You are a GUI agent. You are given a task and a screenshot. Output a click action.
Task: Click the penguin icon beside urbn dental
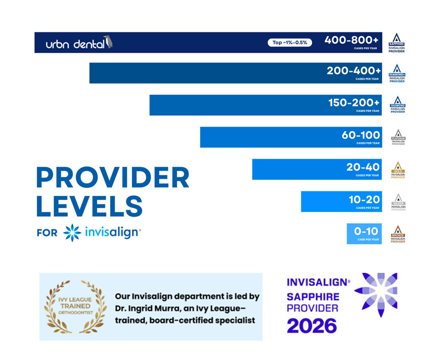[107, 42]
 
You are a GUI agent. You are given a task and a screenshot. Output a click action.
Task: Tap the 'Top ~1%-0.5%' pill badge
[290, 43]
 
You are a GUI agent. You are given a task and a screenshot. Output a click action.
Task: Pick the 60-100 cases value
[361, 135]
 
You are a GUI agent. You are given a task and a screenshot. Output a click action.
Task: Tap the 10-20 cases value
[364, 199]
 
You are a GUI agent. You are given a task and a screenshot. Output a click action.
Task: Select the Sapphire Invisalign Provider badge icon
[397, 43]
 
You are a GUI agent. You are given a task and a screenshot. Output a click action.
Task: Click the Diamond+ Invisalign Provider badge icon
[397, 73]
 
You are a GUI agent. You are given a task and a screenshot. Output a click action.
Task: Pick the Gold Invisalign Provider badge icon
[397, 170]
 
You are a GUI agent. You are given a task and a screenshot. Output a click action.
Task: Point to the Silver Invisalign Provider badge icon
[397, 202]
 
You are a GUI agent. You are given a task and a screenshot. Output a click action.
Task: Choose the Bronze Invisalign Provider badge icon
[397, 234]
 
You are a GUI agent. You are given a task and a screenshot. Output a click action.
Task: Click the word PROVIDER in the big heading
[113, 178]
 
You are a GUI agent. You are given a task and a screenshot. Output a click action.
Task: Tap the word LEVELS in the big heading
[89, 207]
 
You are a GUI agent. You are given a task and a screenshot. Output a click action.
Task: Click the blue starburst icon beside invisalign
[72, 233]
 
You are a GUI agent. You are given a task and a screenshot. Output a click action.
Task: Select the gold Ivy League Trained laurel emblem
[74, 306]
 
